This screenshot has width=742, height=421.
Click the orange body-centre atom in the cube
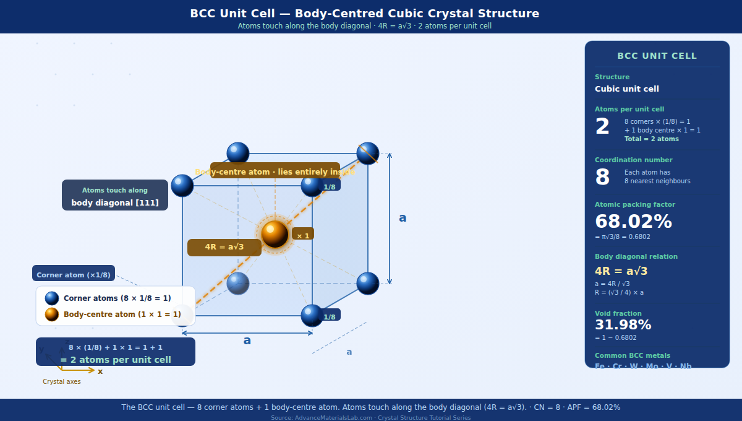click(275, 234)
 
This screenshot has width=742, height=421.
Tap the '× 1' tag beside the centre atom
click(303, 235)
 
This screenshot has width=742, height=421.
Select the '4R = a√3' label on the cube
click(224, 247)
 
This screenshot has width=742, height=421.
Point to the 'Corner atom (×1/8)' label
click(74, 274)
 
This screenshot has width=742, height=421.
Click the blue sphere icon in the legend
click(52, 298)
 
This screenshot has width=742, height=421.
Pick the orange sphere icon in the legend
click(52, 315)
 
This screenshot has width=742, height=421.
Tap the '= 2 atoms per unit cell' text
click(116, 360)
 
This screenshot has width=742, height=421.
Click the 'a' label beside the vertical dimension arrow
click(403, 218)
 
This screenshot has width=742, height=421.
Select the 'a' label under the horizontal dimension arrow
click(247, 341)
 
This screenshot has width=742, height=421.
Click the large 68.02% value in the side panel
click(633, 222)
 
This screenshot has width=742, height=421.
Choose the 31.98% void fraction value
click(623, 325)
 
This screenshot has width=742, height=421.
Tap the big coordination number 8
click(602, 177)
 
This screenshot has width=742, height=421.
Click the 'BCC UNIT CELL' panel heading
click(657, 56)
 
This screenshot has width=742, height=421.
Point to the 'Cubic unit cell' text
click(627, 89)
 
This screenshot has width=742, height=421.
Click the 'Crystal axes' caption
click(61, 381)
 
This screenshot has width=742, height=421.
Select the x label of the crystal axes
click(100, 371)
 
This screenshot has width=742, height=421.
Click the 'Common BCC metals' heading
click(632, 355)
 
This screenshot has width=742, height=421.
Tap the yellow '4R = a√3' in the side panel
click(621, 271)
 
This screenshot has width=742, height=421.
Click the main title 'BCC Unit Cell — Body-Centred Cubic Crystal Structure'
click(364, 14)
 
